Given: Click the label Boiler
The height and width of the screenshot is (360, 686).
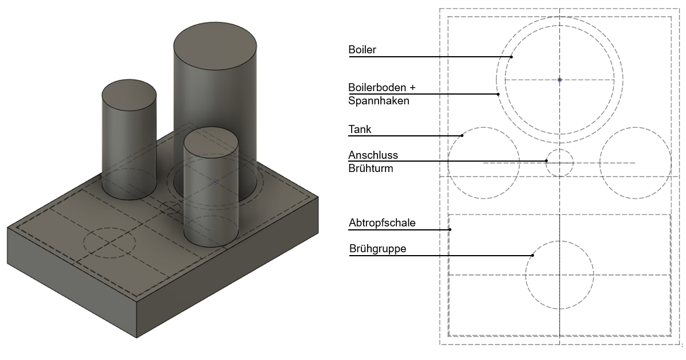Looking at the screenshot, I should coord(362,50).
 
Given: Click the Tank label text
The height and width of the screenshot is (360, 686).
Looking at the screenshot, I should coord(360,130).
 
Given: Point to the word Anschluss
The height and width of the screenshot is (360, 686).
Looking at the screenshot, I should coord(373,155).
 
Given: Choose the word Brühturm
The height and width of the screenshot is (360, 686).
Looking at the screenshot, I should coord(371,169).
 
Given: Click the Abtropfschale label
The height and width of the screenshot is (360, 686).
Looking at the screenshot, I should coord(382,222).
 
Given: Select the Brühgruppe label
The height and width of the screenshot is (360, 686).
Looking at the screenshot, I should coord(377,249).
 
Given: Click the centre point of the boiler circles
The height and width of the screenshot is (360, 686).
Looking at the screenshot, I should coord(560,80).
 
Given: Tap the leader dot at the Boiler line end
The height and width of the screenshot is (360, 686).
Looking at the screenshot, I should coord(511,57).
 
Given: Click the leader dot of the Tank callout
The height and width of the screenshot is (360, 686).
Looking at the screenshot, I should coord(462,136).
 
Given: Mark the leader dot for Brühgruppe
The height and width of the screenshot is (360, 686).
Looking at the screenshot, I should coord(533,255).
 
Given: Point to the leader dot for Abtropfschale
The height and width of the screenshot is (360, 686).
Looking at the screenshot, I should coord(450,229).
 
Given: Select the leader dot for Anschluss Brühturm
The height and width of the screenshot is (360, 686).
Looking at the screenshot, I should coord(547,161).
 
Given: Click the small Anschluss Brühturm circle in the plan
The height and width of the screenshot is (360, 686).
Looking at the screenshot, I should coord(559,163).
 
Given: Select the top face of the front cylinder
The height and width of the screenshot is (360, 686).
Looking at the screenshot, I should coord(211,142).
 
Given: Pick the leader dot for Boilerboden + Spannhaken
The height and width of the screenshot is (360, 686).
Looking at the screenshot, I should coord(498,94).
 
